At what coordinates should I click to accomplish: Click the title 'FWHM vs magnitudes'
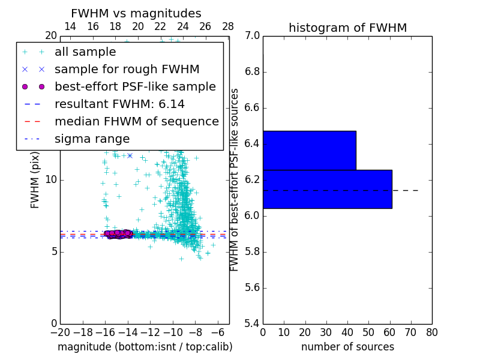[136, 13]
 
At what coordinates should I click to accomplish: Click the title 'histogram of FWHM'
[347, 28]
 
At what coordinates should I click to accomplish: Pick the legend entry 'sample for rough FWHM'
[127, 69]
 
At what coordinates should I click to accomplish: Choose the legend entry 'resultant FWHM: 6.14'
[119, 104]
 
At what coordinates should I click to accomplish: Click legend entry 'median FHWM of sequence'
[136, 121]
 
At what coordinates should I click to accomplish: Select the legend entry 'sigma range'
[92, 139]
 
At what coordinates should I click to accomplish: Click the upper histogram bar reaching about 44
[309, 151]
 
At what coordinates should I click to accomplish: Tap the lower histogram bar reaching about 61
[327, 189]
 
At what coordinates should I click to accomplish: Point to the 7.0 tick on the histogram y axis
[253, 36]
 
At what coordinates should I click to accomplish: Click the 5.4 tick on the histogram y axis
[253, 323]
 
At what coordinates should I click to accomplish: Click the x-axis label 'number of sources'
[347, 347]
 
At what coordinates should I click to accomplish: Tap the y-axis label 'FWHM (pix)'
[35, 179]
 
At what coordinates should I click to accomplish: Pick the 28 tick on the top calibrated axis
[228, 26]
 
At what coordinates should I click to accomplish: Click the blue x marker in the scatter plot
[130, 155]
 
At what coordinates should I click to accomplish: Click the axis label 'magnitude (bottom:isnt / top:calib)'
[145, 347]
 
